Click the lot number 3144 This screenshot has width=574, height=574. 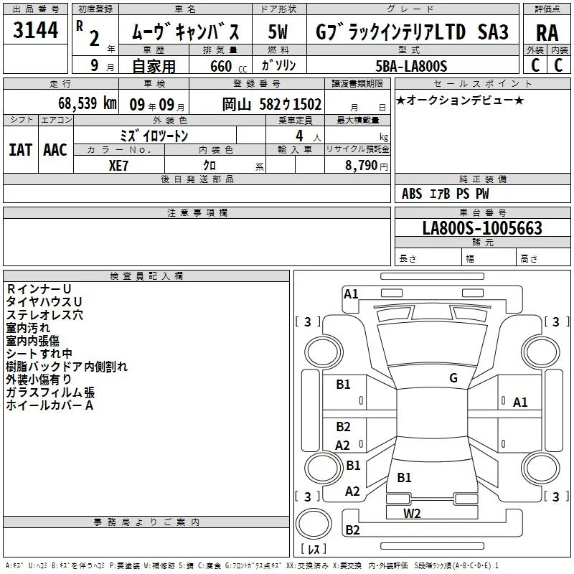pyautogui.click(x=35, y=30)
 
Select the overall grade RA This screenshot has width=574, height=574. pyautogui.click(x=547, y=33)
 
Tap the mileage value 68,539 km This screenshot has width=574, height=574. pyautogui.click(x=88, y=103)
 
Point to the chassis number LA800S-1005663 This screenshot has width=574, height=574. pyautogui.click(x=482, y=228)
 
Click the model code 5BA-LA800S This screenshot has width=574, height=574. pyautogui.click(x=411, y=66)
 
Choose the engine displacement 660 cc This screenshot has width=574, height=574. pyautogui.click(x=228, y=66)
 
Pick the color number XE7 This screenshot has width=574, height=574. pyautogui.click(x=118, y=166)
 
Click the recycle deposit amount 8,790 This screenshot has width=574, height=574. pyautogui.click(x=362, y=166)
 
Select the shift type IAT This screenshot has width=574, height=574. pyautogui.click(x=20, y=150)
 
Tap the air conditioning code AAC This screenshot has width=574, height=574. pyautogui.click(x=55, y=150)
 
